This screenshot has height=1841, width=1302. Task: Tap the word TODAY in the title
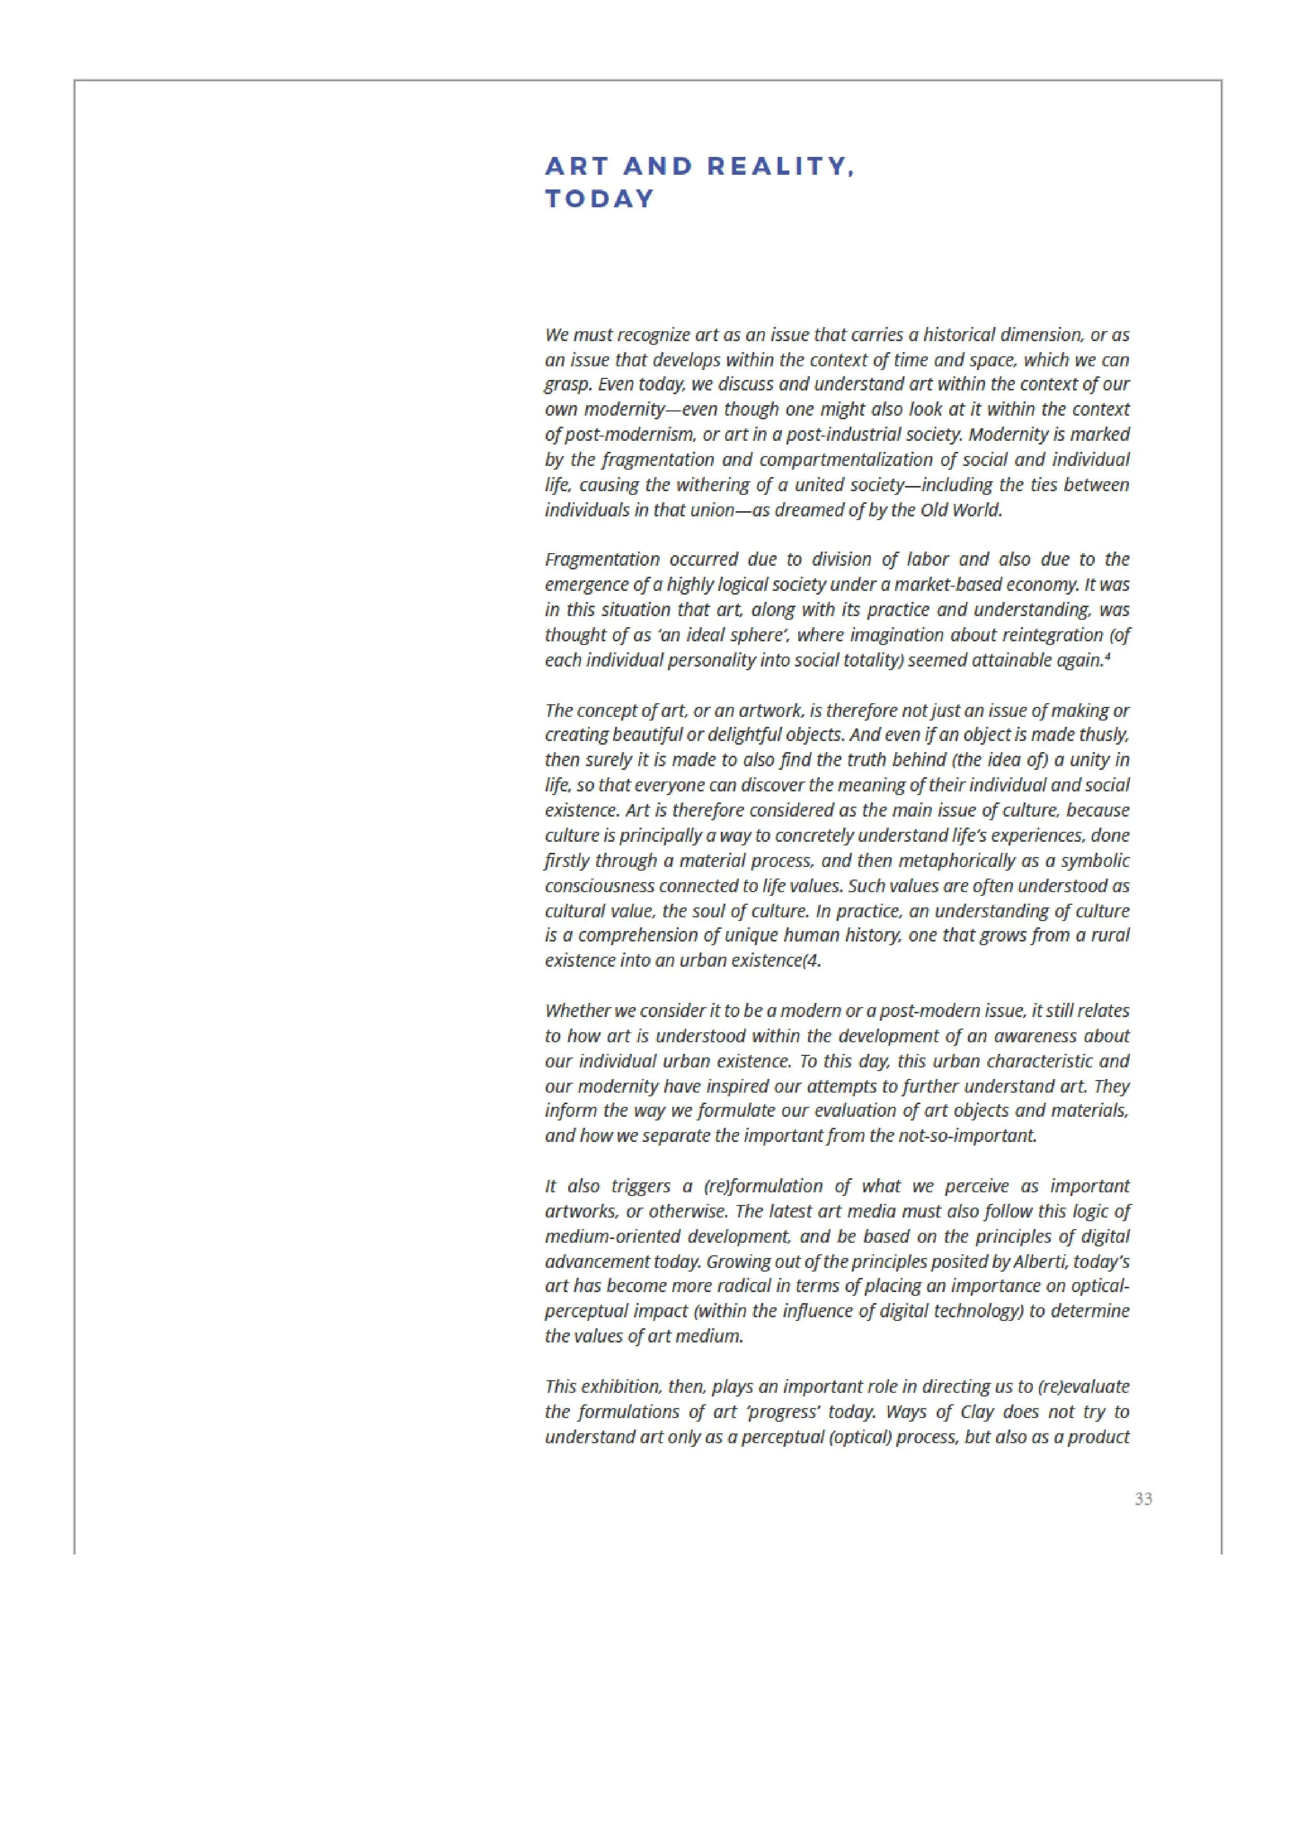click(x=600, y=199)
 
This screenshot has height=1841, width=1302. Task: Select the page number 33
click(x=1144, y=1499)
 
